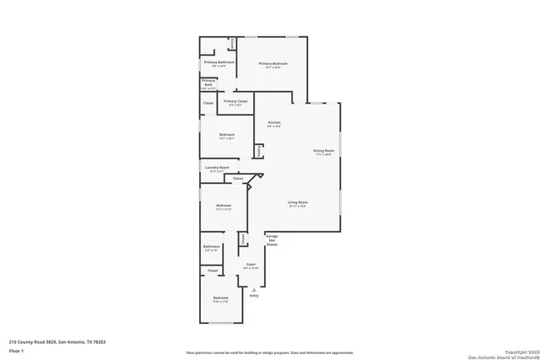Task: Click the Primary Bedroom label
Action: [x=273, y=64]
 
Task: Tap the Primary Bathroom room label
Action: [x=219, y=63]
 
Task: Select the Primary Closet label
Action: [x=235, y=102]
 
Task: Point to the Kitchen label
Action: [x=274, y=124]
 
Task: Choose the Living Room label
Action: [x=297, y=203]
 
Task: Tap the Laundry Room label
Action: [x=217, y=168]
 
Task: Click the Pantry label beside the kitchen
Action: [x=258, y=150]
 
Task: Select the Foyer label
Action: [x=251, y=266]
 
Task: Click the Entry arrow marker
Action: [x=254, y=289]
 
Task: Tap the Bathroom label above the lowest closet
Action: [x=212, y=249]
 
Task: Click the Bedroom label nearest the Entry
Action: [x=220, y=299]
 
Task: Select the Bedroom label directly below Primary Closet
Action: [x=226, y=136]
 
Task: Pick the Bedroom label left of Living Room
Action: [x=223, y=207]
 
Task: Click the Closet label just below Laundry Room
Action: [x=238, y=179]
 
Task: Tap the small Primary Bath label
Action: [x=208, y=83]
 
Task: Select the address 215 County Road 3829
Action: [x=57, y=341]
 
